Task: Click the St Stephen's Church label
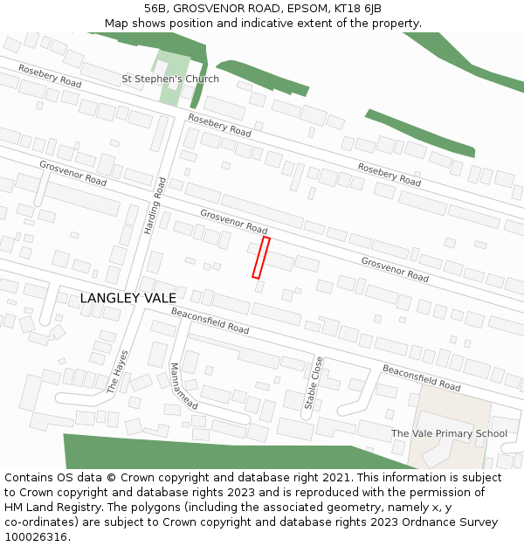coord(170,79)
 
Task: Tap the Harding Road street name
coord(155,206)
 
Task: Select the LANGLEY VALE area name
coord(128,299)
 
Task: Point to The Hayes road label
coord(117,371)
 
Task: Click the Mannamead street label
coord(184,386)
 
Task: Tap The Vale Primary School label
coord(449,433)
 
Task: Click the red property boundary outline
coord(260,258)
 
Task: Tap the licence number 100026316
coord(36,536)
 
